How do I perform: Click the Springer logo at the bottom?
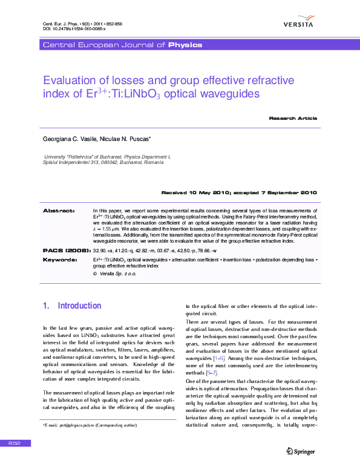click(x=301, y=450)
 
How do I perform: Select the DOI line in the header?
click(x=74, y=28)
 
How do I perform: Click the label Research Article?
click(x=293, y=118)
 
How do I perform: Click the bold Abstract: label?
click(x=59, y=211)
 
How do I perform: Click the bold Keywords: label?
click(x=60, y=259)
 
